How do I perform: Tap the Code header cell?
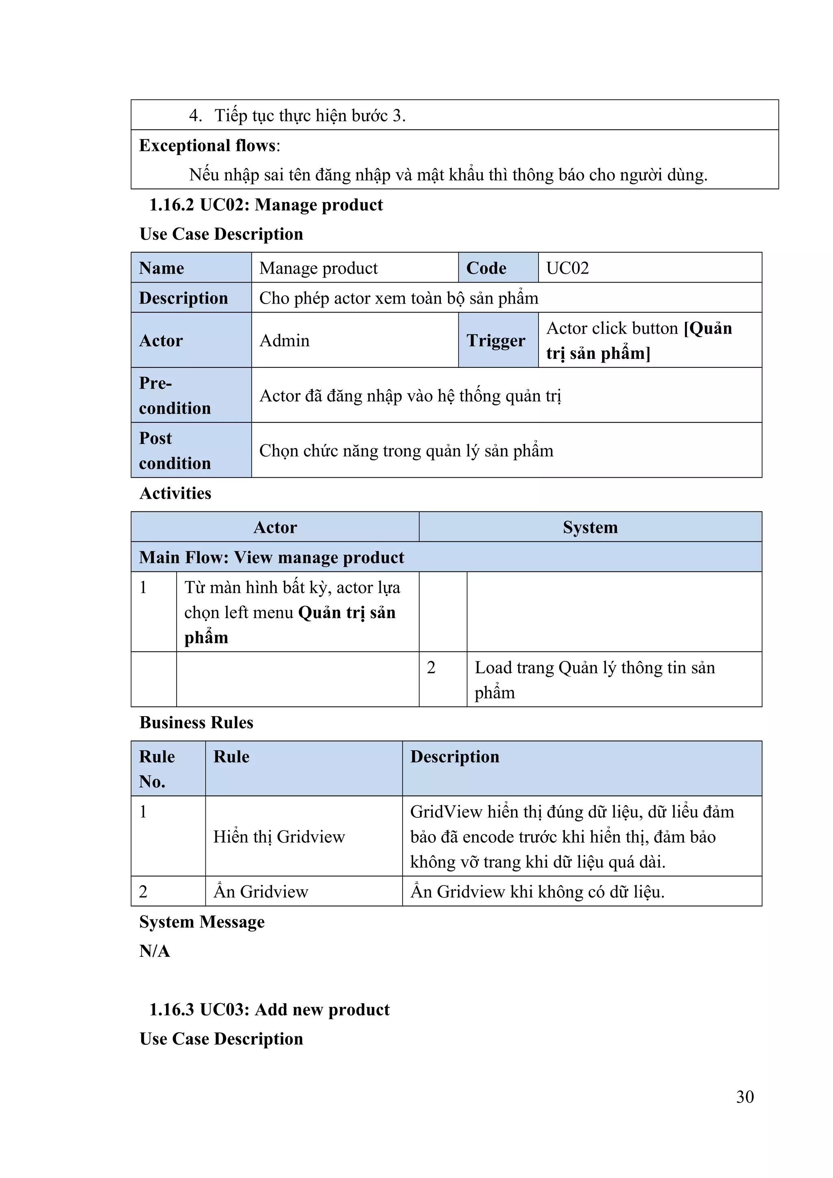(x=497, y=268)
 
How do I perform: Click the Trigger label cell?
(x=497, y=340)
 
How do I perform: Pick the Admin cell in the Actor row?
(x=354, y=340)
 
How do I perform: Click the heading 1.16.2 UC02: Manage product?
(x=266, y=205)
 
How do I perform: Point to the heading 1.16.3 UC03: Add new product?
(x=269, y=1009)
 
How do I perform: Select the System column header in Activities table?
(x=590, y=527)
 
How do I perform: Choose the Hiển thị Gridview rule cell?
(x=303, y=836)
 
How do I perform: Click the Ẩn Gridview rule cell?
(x=303, y=892)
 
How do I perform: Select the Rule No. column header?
(x=168, y=769)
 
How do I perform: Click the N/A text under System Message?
(x=155, y=951)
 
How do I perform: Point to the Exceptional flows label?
(x=209, y=146)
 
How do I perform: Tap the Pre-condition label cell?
(x=190, y=395)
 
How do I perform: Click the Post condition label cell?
(x=190, y=450)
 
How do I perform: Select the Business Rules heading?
(x=196, y=722)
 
